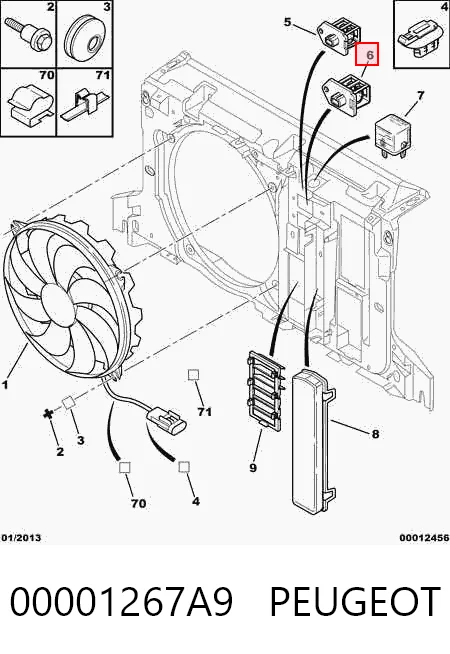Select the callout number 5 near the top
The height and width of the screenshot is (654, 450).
point(287,22)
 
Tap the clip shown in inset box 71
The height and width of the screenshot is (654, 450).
point(85,106)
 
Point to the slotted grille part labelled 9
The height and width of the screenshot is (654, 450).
point(265,389)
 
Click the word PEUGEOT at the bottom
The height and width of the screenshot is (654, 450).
point(355,601)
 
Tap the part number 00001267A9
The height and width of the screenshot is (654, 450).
point(121,601)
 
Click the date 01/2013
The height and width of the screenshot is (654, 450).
point(21,538)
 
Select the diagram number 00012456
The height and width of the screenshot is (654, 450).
point(424,538)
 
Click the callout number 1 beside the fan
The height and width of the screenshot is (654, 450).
point(5,385)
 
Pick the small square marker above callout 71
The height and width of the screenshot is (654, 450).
point(193,375)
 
